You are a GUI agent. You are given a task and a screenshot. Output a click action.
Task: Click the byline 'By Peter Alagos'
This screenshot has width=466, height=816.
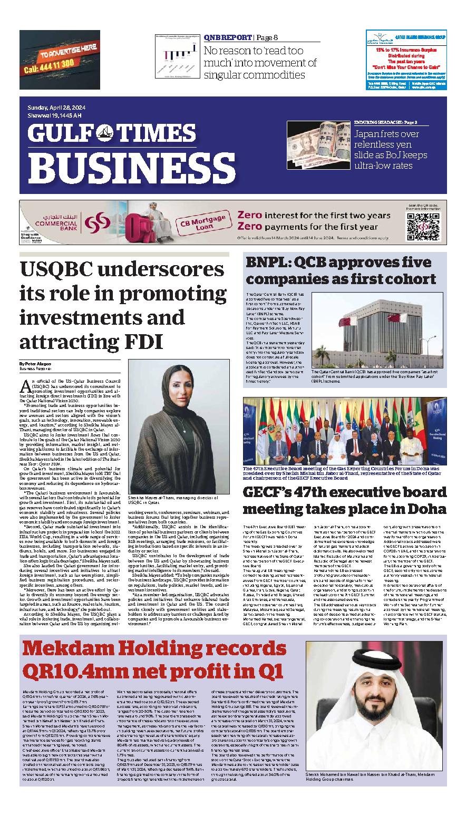(36, 364)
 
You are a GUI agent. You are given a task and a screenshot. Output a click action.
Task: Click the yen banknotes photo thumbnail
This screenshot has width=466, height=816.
(318, 145)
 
